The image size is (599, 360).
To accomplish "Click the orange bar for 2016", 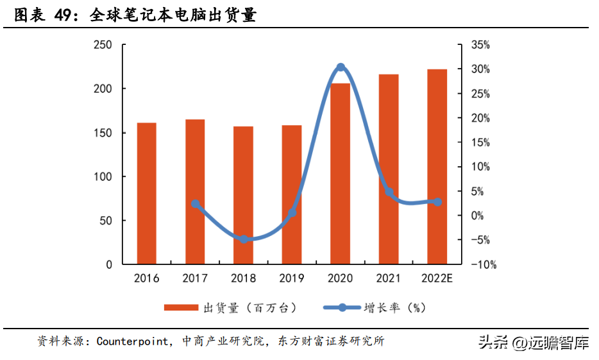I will (x=146, y=193).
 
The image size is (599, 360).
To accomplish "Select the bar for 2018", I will (x=243, y=195).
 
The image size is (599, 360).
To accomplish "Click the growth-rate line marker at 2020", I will (x=341, y=67).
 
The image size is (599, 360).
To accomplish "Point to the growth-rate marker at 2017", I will (x=196, y=204).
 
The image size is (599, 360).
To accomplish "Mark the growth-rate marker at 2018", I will (x=244, y=239).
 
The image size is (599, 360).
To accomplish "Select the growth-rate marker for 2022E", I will (x=437, y=201).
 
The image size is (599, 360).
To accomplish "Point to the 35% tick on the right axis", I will (x=480, y=45).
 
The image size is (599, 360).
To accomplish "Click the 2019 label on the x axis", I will (x=292, y=279).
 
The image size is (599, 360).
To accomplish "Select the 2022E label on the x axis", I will (x=437, y=279).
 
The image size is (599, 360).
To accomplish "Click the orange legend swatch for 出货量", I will (x=181, y=308).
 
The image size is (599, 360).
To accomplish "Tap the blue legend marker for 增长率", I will (x=342, y=308).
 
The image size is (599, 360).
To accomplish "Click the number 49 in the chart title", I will (x=63, y=15).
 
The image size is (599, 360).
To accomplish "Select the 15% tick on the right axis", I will (x=480, y=142).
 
